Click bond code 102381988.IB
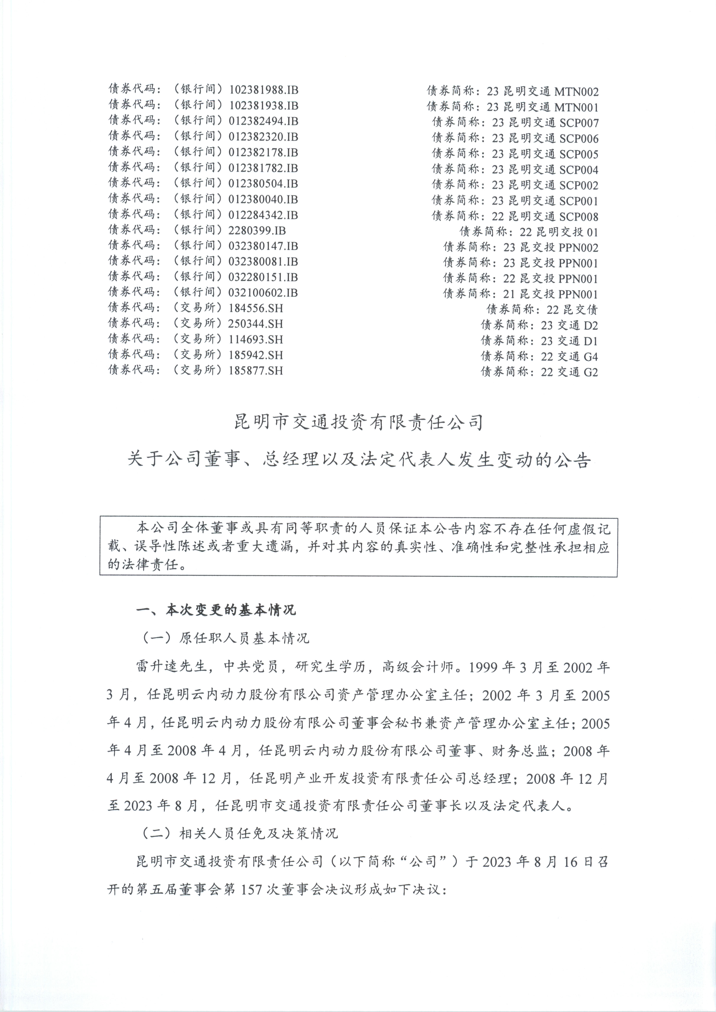pyautogui.click(x=263, y=90)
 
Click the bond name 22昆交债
pyautogui.click(x=572, y=310)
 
